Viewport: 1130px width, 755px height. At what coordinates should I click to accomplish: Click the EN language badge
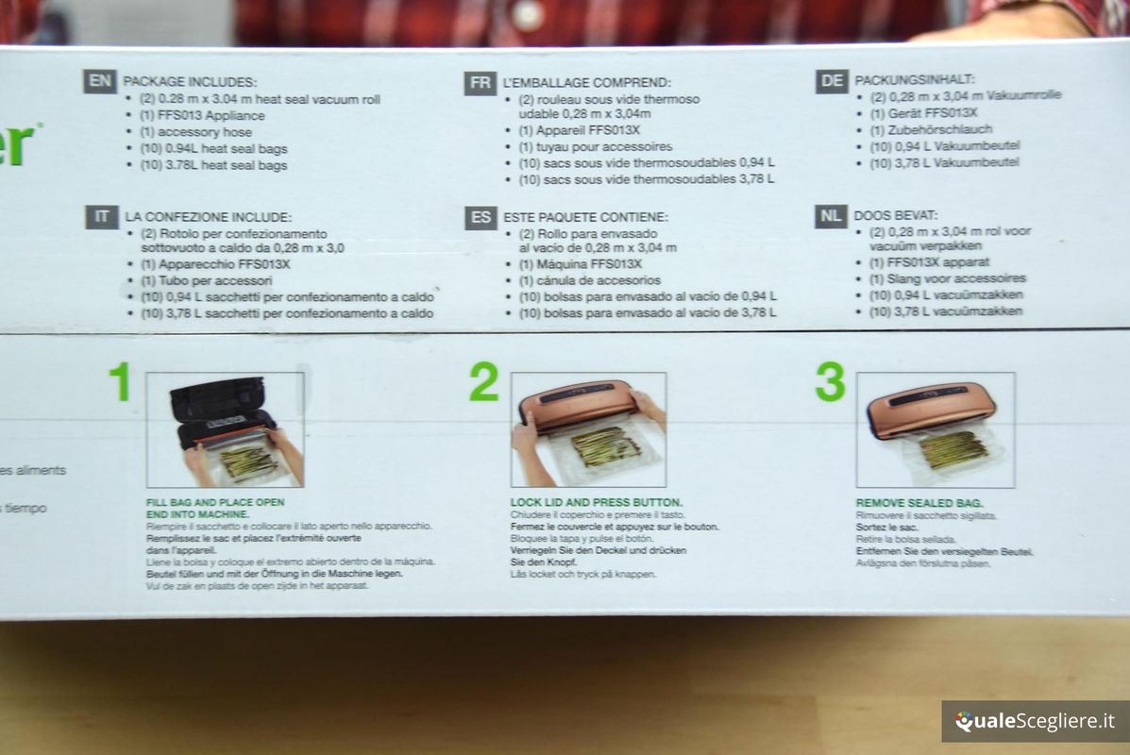click(x=99, y=80)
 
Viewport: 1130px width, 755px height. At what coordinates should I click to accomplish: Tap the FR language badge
click(x=480, y=83)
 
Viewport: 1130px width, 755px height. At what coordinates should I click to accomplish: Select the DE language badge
click(x=832, y=81)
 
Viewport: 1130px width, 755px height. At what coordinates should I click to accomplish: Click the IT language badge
click(x=101, y=217)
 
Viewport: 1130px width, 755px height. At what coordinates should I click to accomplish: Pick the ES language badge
click(x=481, y=218)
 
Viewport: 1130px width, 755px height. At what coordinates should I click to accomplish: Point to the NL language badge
click(x=831, y=216)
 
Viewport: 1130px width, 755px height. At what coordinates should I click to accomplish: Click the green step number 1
click(x=119, y=382)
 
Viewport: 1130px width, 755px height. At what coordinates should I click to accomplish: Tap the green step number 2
click(x=483, y=382)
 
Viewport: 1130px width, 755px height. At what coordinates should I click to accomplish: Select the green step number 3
click(x=830, y=382)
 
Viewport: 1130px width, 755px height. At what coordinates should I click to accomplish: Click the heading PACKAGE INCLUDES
click(x=190, y=82)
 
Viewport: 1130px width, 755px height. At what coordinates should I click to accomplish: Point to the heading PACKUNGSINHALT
click(x=914, y=80)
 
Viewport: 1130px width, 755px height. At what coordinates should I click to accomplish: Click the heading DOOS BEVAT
click(x=896, y=215)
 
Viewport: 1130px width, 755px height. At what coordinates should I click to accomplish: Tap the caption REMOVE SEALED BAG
click(x=919, y=503)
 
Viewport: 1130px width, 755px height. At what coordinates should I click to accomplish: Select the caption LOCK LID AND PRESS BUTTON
click(x=596, y=502)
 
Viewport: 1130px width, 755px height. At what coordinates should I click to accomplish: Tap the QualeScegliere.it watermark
click(x=1035, y=722)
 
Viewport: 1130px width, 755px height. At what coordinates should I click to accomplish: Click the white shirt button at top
click(x=530, y=14)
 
